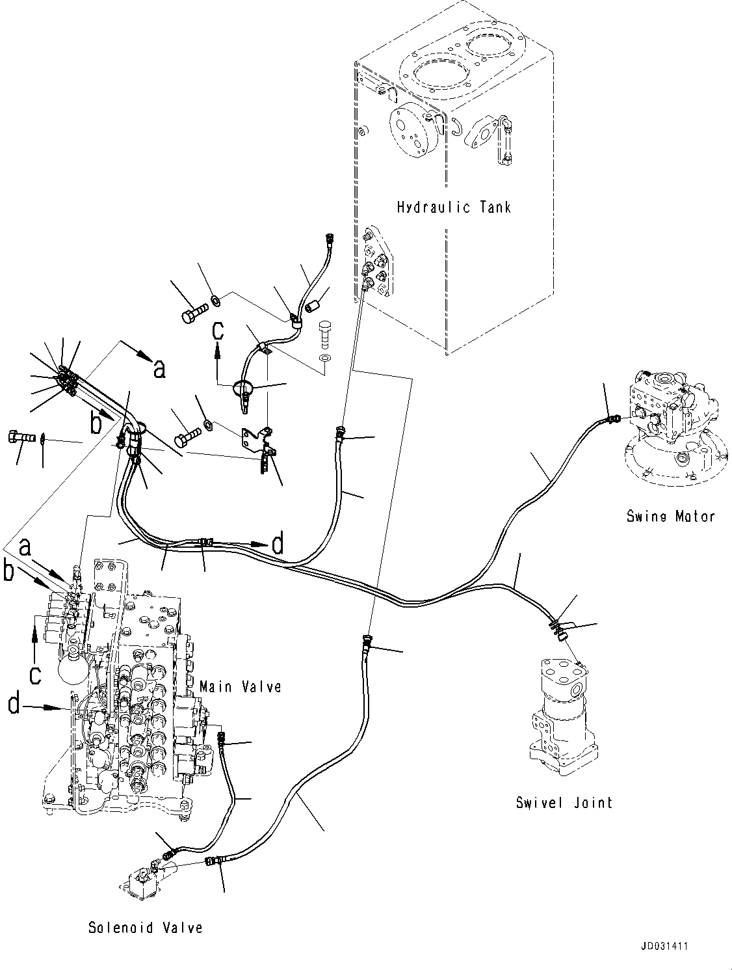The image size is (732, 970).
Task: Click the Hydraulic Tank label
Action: pyautogui.click(x=453, y=208)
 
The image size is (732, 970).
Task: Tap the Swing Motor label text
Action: pyautogui.click(x=670, y=516)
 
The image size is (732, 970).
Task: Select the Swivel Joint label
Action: pyautogui.click(x=564, y=802)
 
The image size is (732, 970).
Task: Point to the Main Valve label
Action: pyautogui.click(x=240, y=686)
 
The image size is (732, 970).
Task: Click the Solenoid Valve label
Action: pyautogui.click(x=146, y=928)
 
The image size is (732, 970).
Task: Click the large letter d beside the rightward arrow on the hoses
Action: pyautogui.click(x=278, y=544)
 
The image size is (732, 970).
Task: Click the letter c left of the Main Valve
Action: pyautogui.click(x=35, y=675)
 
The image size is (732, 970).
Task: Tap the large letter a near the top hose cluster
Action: pyautogui.click(x=159, y=369)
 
